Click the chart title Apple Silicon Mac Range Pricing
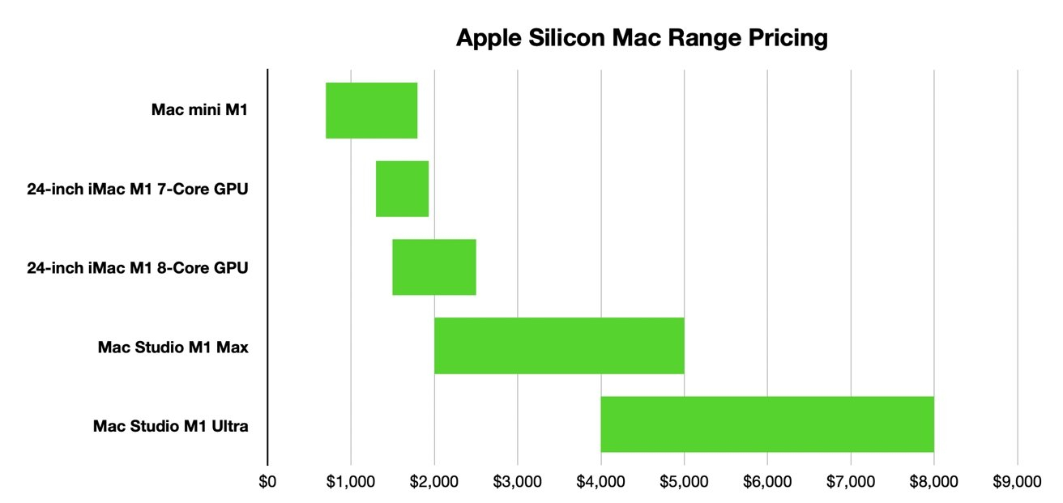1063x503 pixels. pos(642,38)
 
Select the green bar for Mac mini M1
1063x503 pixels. pos(371,110)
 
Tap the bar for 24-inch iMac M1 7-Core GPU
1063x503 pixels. pos(402,189)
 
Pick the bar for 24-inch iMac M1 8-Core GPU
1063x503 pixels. pos(433,267)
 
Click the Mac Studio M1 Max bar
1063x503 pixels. pos(559,346)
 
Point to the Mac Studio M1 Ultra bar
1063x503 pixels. pos(766,424)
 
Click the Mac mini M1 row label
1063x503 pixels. pos(199,110)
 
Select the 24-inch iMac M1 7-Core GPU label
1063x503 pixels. pos(137,190)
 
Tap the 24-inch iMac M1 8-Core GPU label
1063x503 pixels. pos(137,268)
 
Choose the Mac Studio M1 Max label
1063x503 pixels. pos(173,347)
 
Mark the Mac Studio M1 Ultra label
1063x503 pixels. pos(170,425)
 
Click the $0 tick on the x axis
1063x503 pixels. pos(267,481)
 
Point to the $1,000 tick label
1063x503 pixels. pos(351,481)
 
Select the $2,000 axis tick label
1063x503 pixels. pos(434,481)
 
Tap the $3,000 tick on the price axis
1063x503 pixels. pos(517,481)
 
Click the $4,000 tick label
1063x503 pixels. pos(600,481)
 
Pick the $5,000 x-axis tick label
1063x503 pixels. pos(684,481)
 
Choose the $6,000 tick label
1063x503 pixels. pos(767,481)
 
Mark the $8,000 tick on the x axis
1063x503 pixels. pos(933,481)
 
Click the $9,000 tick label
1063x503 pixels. pos(1017,481)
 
